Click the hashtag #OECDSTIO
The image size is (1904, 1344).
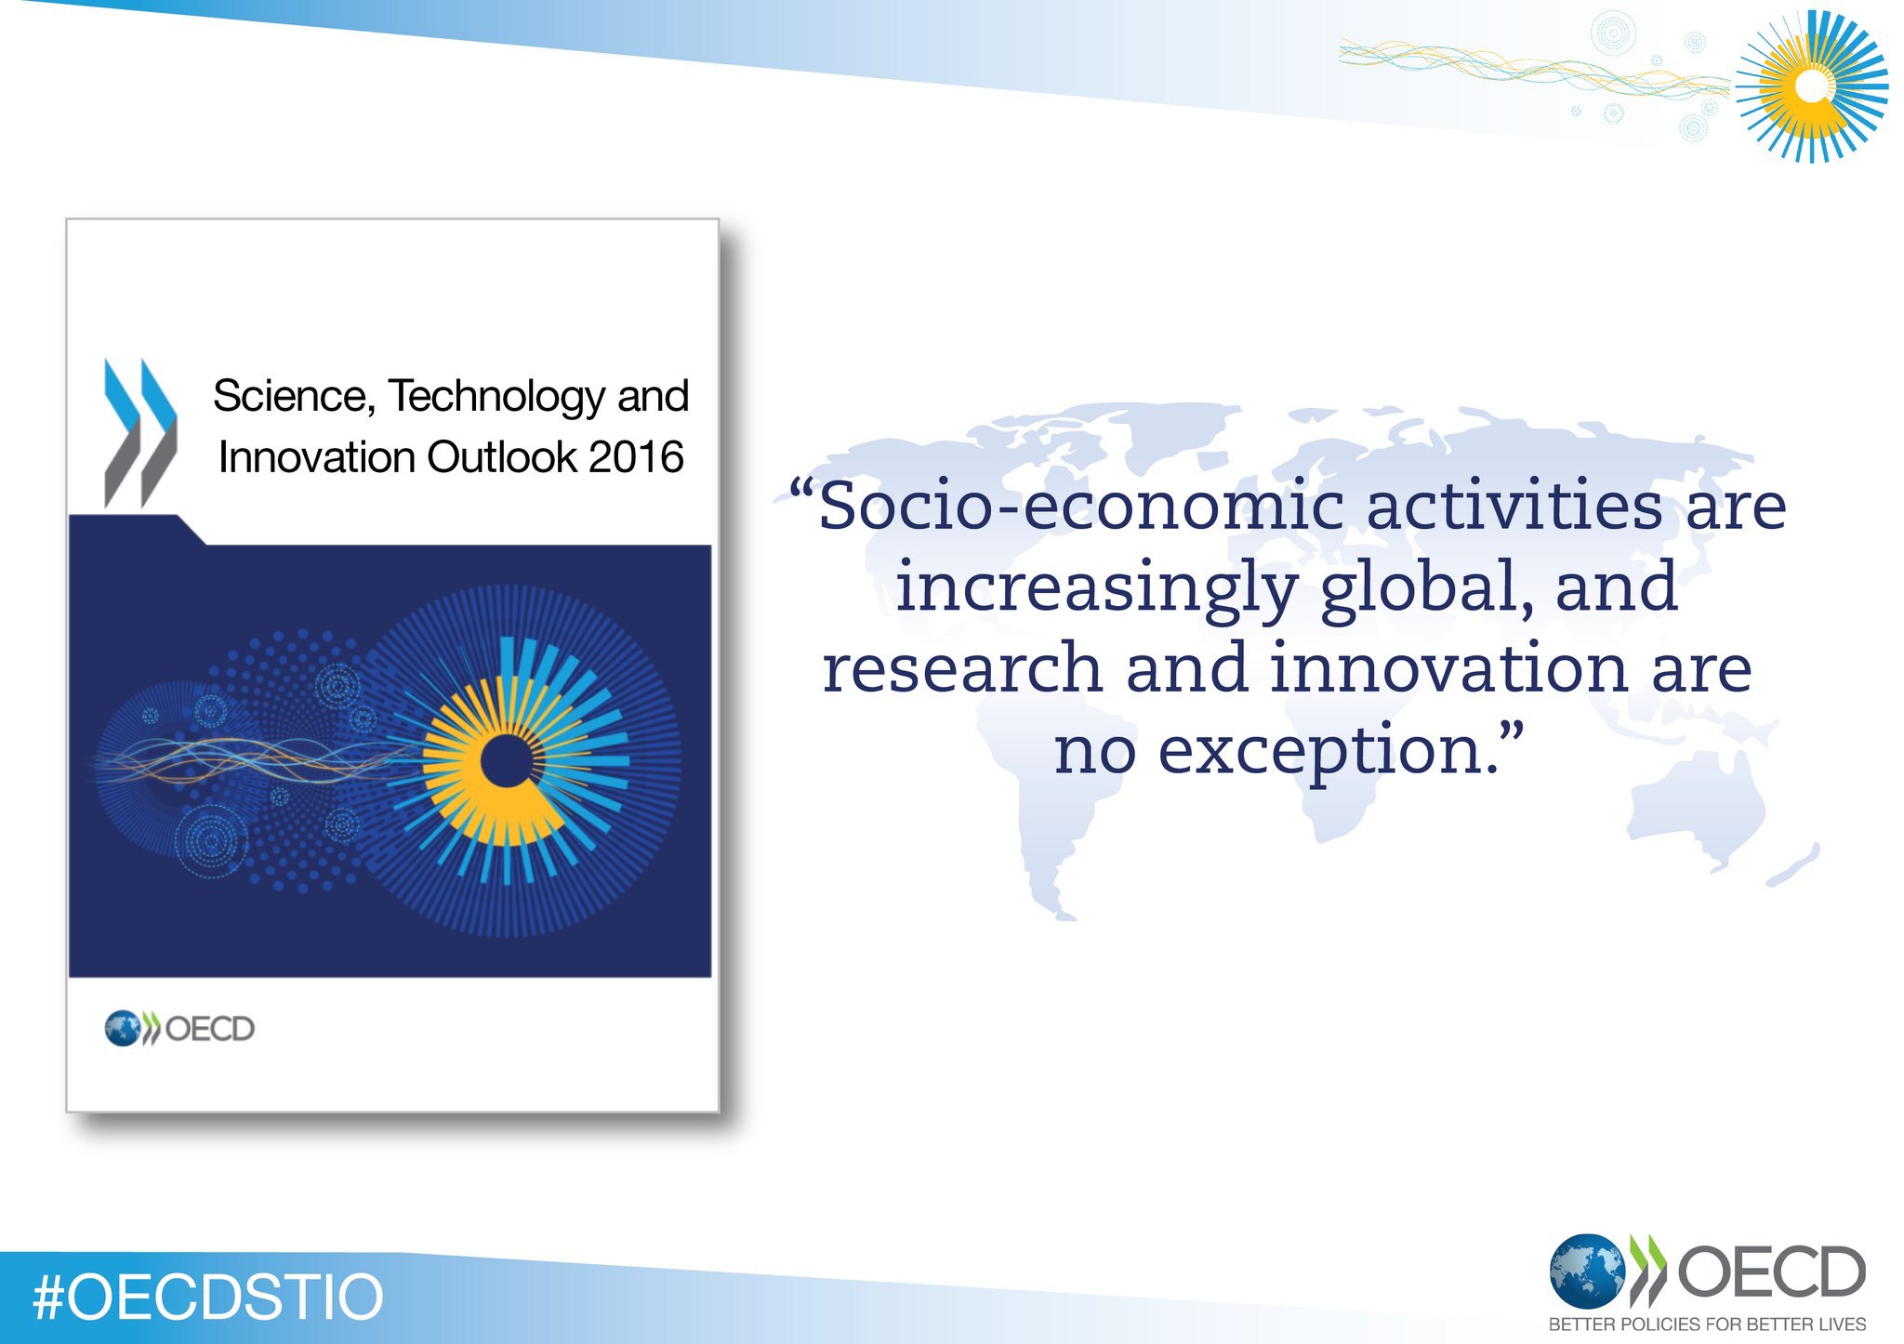pos(207,1298)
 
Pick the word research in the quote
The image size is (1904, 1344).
pos(962,669)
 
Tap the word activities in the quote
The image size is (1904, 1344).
pos(1514,507)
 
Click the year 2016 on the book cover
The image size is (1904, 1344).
pos(636,457)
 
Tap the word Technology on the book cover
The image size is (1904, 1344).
pos(497,397)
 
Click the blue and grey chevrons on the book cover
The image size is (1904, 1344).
pos(139,432)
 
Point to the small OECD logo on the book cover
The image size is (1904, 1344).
pos(179,1029)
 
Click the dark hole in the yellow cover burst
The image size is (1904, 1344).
pos(507,763)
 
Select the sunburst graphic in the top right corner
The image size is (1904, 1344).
pos(1811,86)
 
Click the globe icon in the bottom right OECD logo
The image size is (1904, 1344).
pos(1586,1271)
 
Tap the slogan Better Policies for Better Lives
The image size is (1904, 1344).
pos(1707,1324)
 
